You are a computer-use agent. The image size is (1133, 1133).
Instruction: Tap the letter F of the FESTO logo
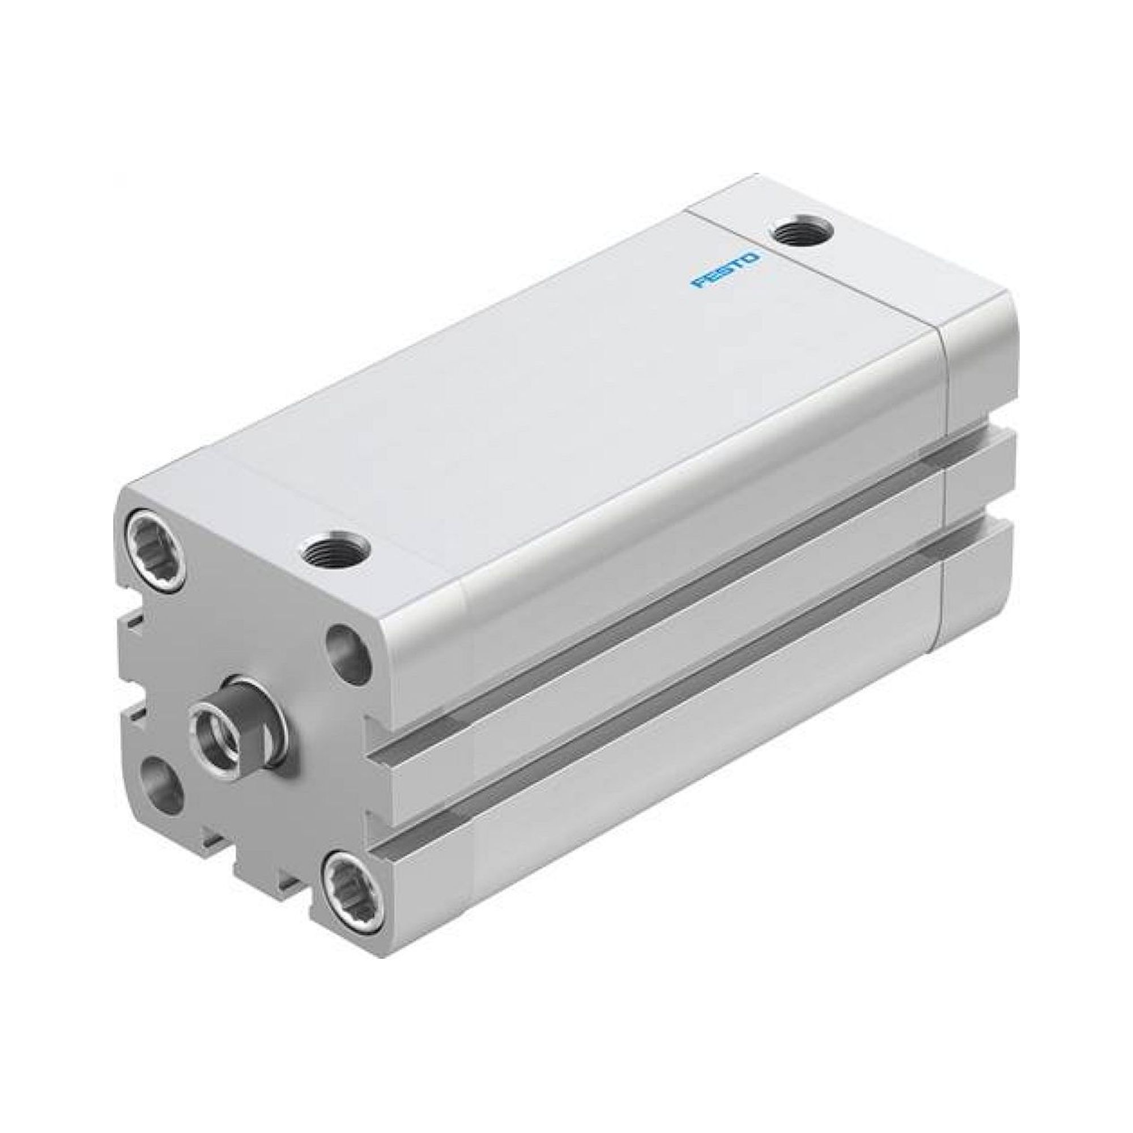click(x=697, y=284)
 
